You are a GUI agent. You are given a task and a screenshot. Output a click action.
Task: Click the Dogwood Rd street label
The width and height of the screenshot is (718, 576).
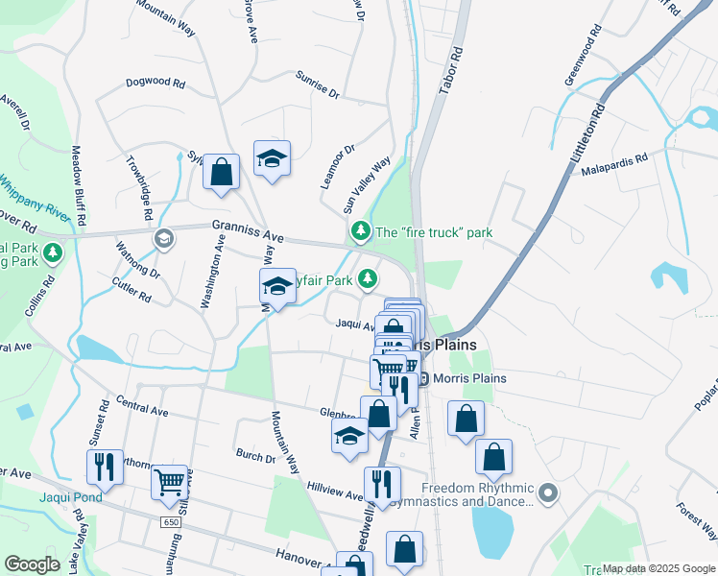(x=155, y=83)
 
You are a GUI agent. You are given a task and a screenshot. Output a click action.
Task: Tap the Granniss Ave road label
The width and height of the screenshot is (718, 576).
(x=248, y=231)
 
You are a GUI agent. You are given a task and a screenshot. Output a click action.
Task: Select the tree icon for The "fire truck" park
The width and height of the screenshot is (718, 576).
(x=360, y=230)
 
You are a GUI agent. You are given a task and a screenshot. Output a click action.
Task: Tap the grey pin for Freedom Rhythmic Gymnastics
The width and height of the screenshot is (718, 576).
(x=548, y=495)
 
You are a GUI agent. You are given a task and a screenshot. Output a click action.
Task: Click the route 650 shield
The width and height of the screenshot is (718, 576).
(x=171, y=521)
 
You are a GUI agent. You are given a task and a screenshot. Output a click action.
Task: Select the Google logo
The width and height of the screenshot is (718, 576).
(x=32, y=564)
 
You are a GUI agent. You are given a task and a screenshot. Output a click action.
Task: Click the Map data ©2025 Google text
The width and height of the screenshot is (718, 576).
(x=658, y=568)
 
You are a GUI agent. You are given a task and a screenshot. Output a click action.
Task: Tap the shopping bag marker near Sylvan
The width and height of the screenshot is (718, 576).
(x=221, y=173)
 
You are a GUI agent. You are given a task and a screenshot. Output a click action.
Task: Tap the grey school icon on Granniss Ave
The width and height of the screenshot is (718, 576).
(x=162, y=238)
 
